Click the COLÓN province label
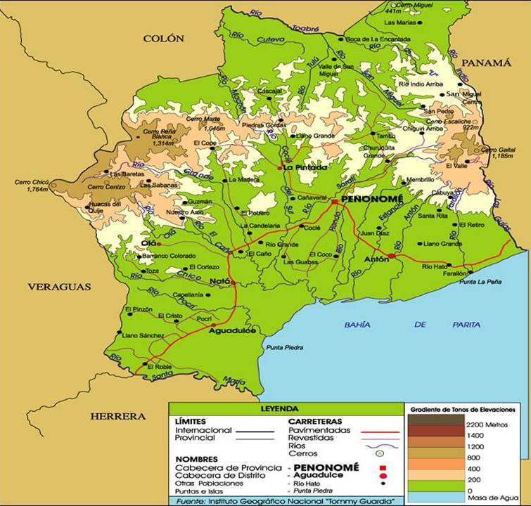163,39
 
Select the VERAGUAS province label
60,287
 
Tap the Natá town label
219,281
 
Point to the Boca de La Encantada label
379,38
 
